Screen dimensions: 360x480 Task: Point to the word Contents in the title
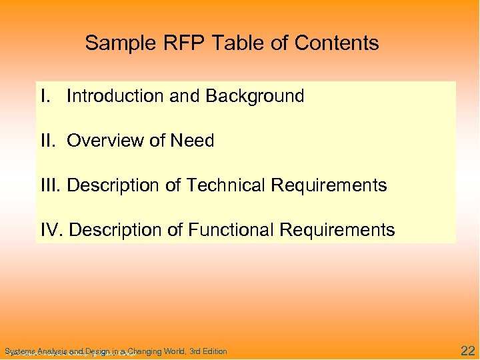(336, 44)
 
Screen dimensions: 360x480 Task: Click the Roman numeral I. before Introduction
(46, 97)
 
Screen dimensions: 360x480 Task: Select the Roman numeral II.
(49, 141)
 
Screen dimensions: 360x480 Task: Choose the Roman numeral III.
(51, 185)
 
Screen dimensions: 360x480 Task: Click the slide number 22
(467, 350)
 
